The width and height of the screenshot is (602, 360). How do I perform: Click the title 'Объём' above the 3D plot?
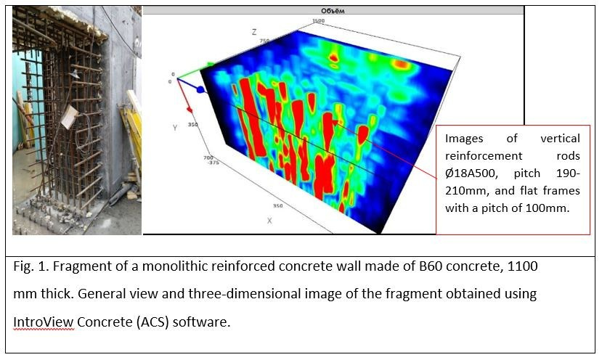332,11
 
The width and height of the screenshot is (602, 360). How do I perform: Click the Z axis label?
253,32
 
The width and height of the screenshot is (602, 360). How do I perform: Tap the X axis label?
269,220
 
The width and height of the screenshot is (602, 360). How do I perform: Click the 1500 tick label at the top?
318,21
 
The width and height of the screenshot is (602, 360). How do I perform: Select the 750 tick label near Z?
265,41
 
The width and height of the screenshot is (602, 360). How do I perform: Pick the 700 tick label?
208,157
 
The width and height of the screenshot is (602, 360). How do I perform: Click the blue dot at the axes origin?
200,89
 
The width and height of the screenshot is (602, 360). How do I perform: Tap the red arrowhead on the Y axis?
190,110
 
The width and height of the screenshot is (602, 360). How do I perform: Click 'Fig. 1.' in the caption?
33,266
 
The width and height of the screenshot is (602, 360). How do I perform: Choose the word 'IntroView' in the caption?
44,321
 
